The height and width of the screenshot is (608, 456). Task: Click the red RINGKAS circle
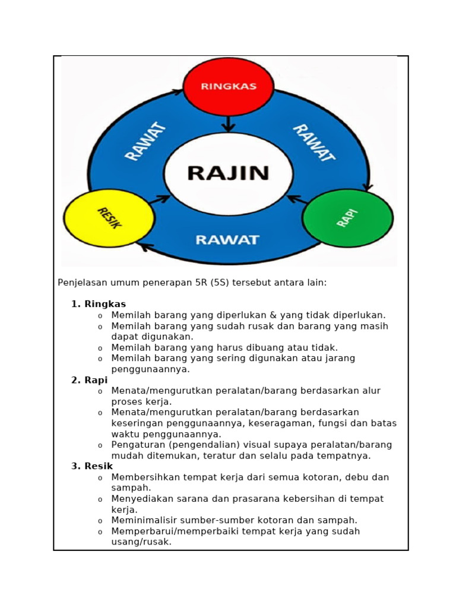pyautogui.click(x=229, y=87)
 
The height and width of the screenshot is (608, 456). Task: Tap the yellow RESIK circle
pyautogui.click(x=109, y=218)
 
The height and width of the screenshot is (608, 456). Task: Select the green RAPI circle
pyautogui.click(x=347, y=218)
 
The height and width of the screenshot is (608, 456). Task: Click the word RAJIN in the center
pyautogui.click(x=229, y=173)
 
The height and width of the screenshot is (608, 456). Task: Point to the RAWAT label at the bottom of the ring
pyautogui.click(x=227, y=240)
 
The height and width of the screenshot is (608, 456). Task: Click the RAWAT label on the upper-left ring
pyautogui.click(x=145, y=141)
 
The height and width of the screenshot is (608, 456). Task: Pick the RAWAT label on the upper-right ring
pyautogui.click(x=313, y=142)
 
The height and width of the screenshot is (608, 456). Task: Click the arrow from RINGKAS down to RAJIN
pyautogui.click(x=229, y=123)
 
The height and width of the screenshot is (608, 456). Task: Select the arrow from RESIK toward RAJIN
pyautogui.click(x=159, y=199)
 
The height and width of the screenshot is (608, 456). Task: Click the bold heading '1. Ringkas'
pyautogui.click(x=99, y=304)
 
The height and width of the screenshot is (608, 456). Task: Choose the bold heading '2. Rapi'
pyautogui.click(x=89, y=380)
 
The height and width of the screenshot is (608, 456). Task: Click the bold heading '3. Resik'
pyautogui.click(x=92, y=466)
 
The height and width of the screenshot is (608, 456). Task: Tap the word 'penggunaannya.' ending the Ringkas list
pyautogui.click(x=150, y=369)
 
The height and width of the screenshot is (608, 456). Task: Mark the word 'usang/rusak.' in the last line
pyautogui.click(x=141, y=542)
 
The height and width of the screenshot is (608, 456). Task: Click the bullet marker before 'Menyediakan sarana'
pyautogui.click(x=100, y=500)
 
